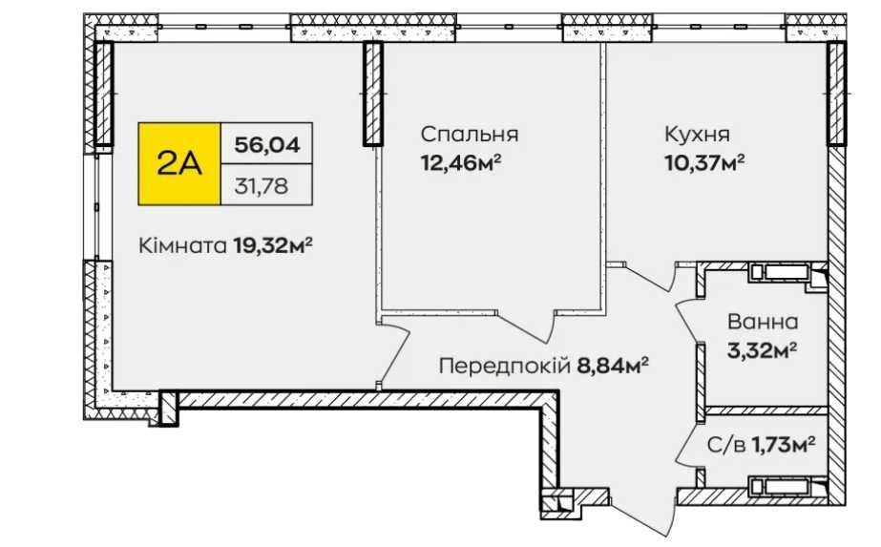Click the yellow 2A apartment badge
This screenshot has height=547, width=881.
(179, 163)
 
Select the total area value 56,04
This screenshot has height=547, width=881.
(267, 145)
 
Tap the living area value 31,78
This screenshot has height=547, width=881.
(262, 185)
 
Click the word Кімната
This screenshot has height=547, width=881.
(183, 245)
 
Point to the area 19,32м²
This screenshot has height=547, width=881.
(273, 245)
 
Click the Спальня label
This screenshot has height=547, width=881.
(470, 135)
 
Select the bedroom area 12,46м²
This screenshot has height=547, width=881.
(461, 163)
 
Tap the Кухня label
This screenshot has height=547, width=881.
(698, 135)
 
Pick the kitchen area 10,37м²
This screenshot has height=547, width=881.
(704, 163)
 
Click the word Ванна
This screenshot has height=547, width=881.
(763, 322)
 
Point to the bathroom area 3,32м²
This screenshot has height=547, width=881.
(763, 350)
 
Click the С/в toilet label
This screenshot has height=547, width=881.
(726, 446)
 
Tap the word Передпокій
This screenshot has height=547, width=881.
(505, 367)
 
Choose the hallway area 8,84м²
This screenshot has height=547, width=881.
(613, 366)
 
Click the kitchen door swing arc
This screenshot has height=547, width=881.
(655, 277)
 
